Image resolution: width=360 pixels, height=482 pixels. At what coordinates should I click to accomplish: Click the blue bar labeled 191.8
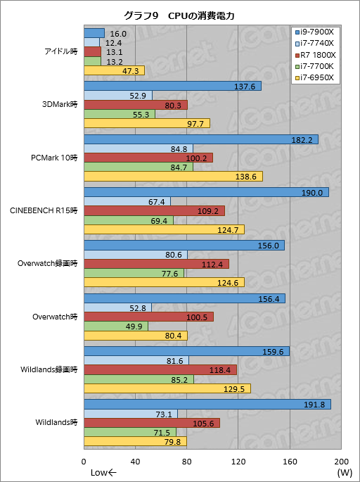(x=207, y=404)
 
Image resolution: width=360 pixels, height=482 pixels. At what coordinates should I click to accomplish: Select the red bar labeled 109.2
(x=154, y=210)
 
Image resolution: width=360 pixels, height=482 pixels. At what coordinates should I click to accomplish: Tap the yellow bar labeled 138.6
(x=172, y=176)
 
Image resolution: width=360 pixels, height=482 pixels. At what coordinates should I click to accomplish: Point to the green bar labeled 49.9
(x=115, y=326)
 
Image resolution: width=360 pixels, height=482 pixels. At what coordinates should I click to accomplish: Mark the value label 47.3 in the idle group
(x=130, y=70)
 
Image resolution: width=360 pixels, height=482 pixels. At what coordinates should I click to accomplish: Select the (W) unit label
(x=344, y=472)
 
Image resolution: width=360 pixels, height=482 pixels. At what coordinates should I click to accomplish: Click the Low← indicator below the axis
(x=103, y=472)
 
